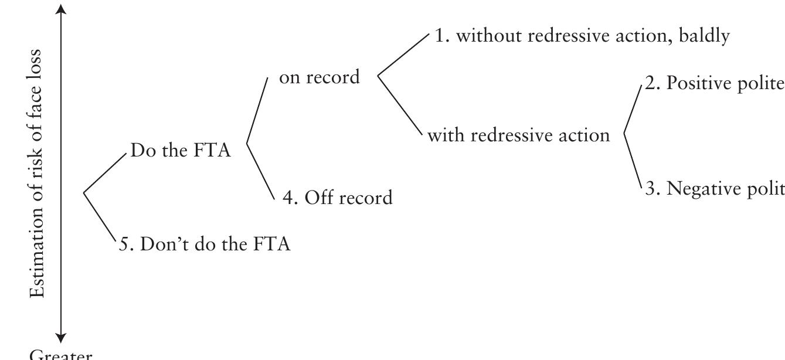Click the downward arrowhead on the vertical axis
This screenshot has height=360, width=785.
(61, 338)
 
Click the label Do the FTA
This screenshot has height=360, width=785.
(181, 151)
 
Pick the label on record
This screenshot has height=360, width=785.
(319, 77)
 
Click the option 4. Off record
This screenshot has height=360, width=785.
(338, 197)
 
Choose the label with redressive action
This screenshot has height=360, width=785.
(518, 135)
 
